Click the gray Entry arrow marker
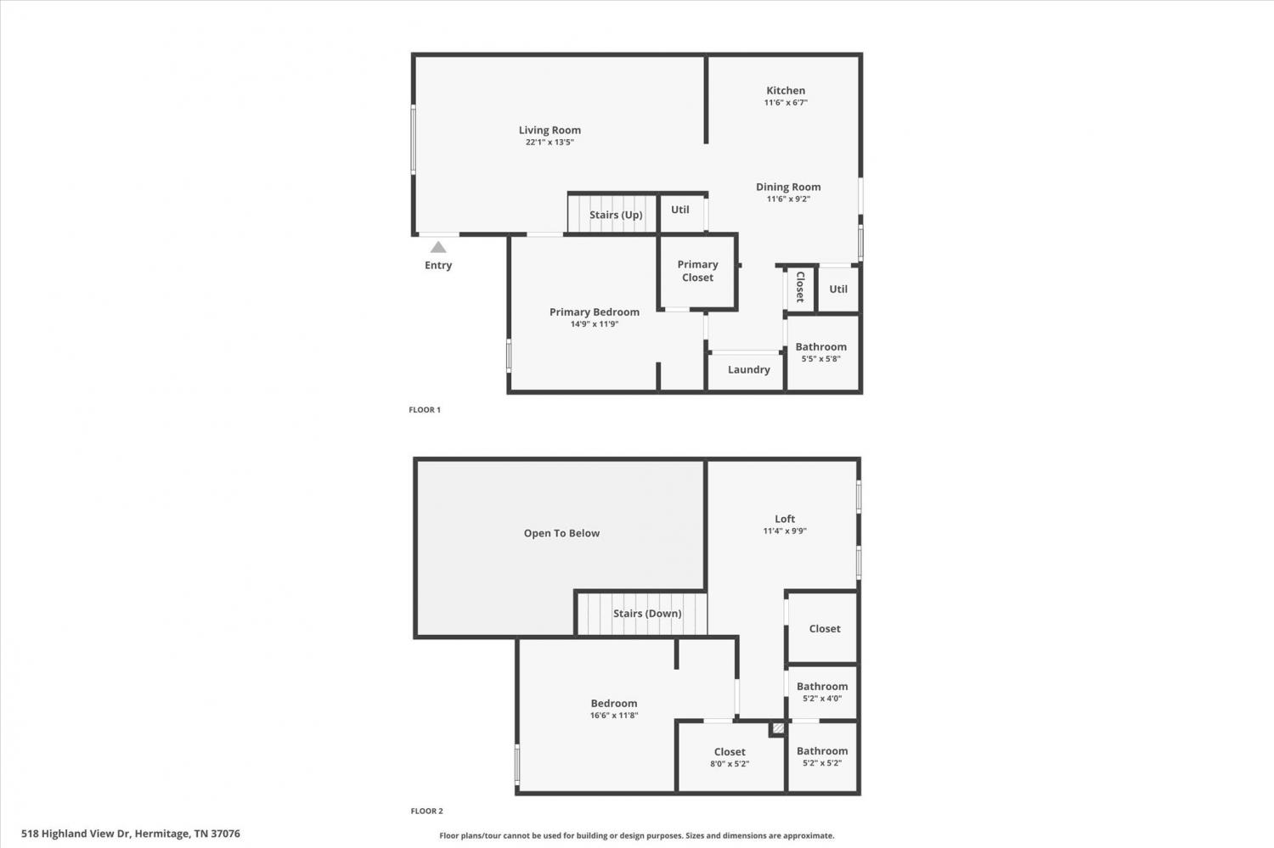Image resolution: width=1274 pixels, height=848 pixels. (x=438, y=247)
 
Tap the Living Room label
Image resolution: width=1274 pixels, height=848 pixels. (x=550, y=130)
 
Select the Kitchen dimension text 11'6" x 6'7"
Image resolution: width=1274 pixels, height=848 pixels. (x=786, y=103)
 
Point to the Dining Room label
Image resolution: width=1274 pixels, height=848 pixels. (x=788, y=187)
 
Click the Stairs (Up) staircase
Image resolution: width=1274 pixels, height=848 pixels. (x=613, y=213)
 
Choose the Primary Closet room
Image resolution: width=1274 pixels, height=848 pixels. (x=697, y=272)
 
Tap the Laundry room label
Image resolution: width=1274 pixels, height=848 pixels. (x=748, y=369)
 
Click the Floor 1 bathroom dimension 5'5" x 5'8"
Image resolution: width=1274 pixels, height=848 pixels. (x=820, y=358)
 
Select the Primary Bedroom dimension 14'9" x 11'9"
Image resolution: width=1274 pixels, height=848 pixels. (x=595, y=324)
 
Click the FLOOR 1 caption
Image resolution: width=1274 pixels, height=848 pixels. (x=425, y=410)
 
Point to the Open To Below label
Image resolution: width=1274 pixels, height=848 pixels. (x=561, y=533)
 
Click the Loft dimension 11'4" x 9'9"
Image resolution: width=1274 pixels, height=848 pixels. (x=785, y=531)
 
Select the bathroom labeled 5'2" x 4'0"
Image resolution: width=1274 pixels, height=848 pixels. (x=822, y=692)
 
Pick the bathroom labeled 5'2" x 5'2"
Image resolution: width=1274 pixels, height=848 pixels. (x=822, y=756)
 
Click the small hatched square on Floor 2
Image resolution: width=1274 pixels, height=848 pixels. (x=778, y=728)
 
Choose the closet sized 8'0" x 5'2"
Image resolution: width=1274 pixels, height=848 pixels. (x=730, y=757)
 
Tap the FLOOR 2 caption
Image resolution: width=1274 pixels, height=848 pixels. (x=426, y=811)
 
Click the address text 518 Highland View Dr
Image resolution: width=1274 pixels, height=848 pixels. (x=76, y=834)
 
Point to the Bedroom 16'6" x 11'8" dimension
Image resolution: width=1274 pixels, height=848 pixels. (x=614, y=715)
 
